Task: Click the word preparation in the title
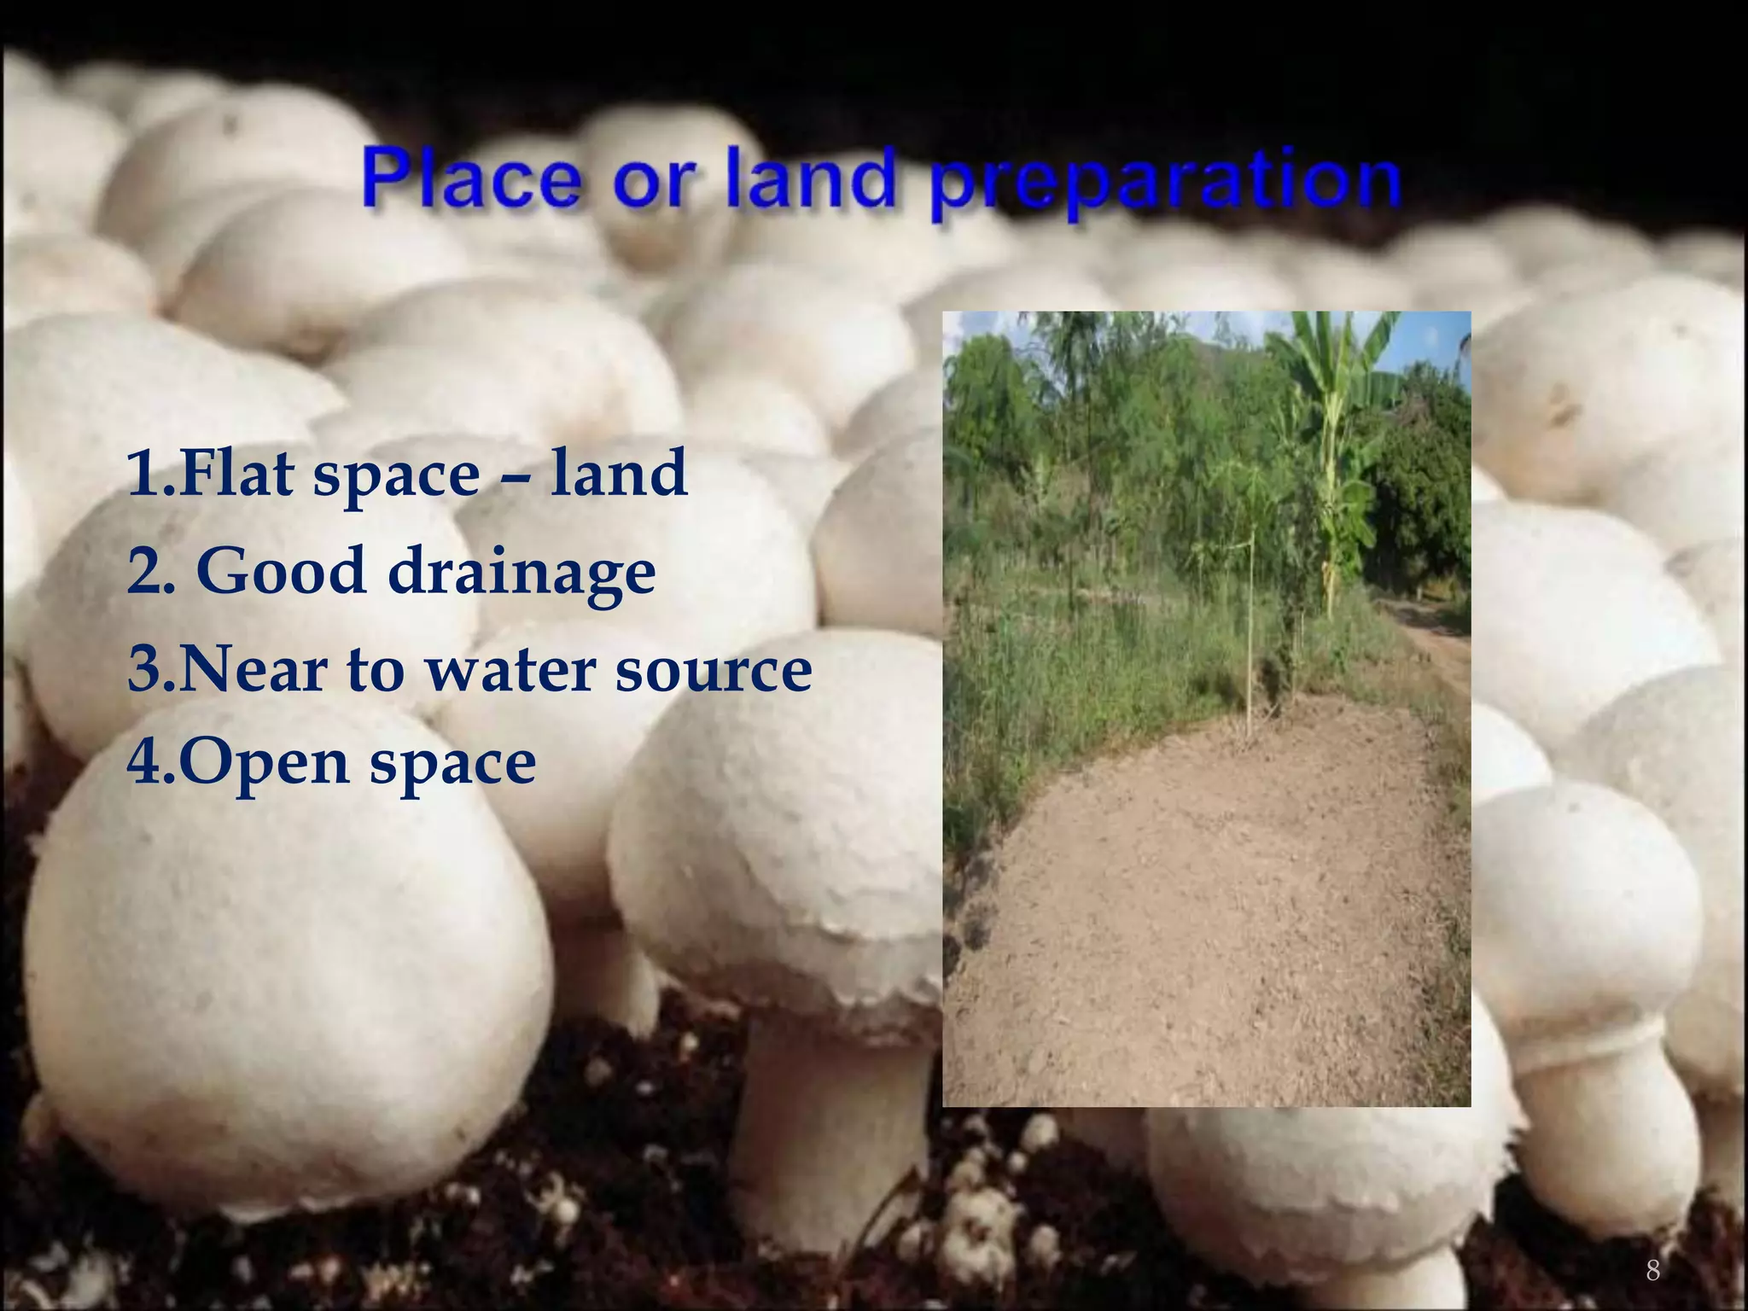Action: [x=1165, y=184]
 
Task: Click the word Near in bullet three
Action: [x=253, y=669]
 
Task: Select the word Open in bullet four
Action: [x=264, y=763]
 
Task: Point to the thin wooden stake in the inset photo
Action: [x=1251, y=632]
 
